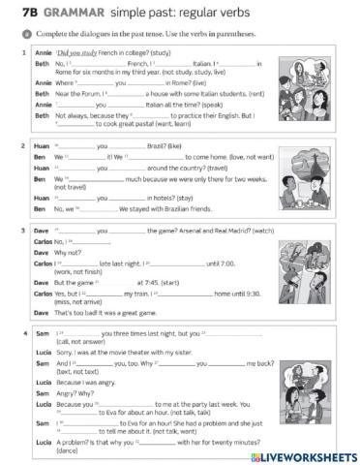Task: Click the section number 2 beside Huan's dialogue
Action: (x=23, y=144)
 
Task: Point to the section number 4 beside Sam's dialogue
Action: (x=23, y=334)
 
